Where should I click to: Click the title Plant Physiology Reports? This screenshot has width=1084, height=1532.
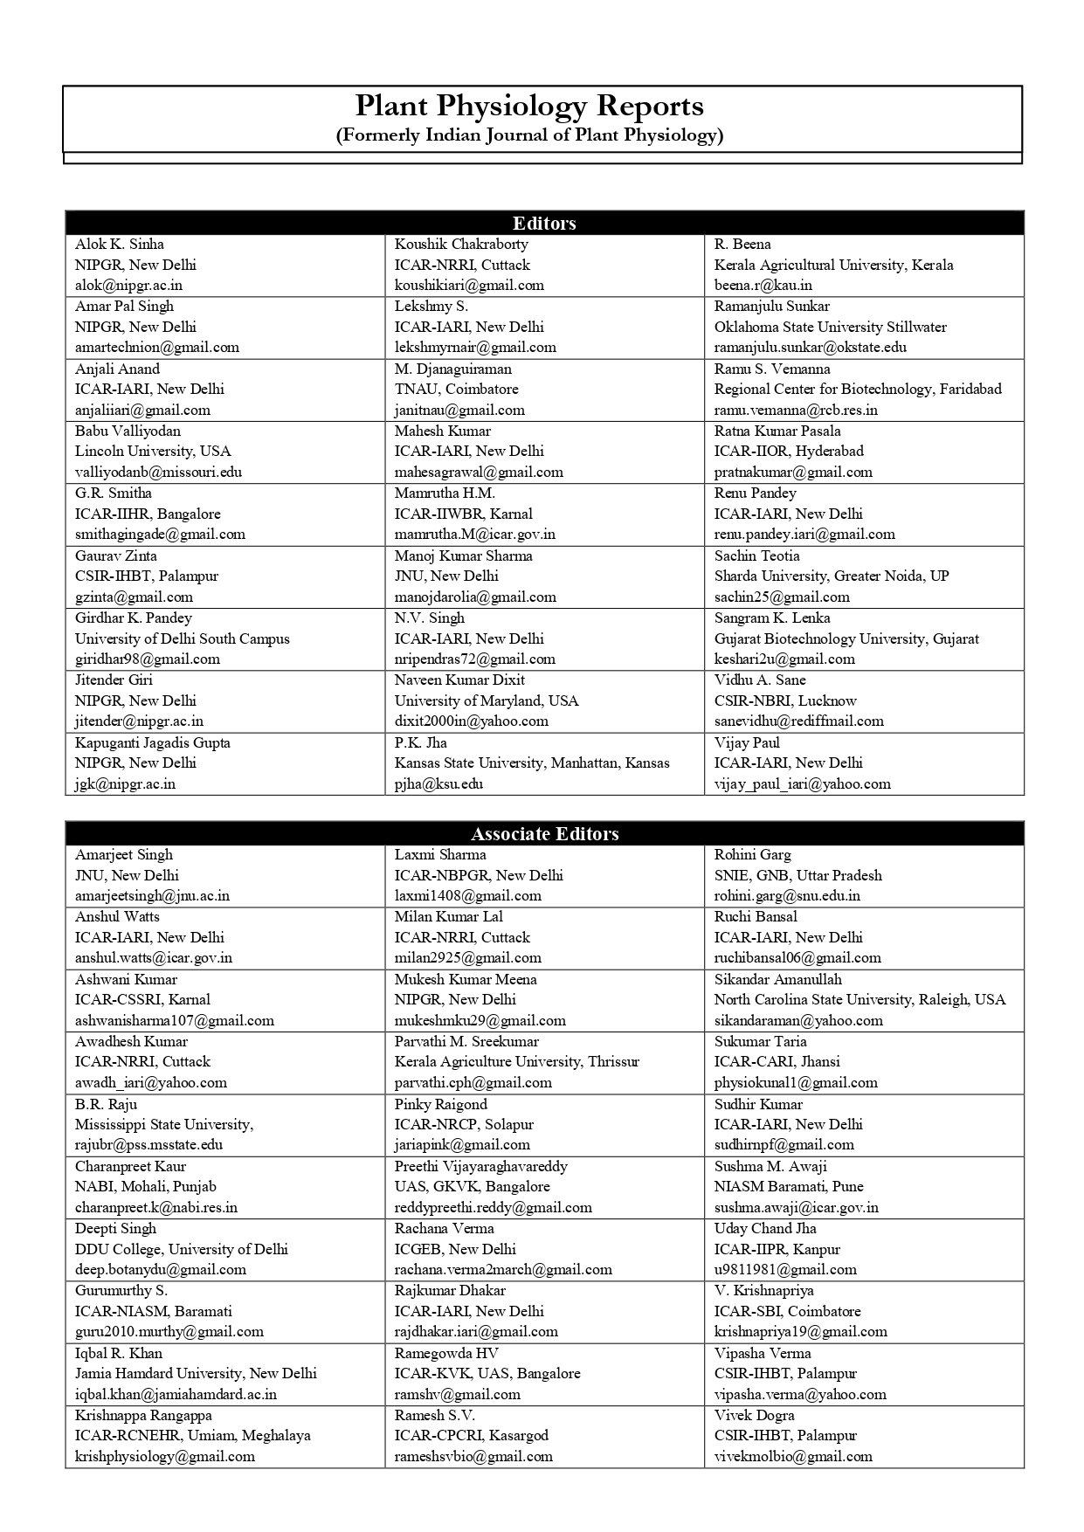(x=528, y=107)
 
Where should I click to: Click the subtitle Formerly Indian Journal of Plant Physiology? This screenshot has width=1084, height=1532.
(x=529, y=135)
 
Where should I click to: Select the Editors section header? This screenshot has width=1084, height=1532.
(x=544, y=224)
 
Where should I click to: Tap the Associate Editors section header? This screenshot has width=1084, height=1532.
(x=544, y=834)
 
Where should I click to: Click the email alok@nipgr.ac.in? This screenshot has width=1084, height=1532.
(x=128, y=286)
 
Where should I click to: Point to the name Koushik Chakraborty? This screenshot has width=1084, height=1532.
(x=461, y=245)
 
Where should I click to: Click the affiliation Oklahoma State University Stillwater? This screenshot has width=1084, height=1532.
(x=830, y=328)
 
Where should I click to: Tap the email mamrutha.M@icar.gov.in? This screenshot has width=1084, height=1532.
(x=474, y=535)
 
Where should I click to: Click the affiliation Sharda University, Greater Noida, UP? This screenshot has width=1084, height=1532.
(x=831, y=576)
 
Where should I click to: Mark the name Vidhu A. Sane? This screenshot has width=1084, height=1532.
(x=760, y=680)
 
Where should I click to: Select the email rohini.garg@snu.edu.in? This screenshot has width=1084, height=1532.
(x=787, y=896)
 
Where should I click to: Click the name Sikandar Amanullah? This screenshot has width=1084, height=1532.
(x=777, y=980)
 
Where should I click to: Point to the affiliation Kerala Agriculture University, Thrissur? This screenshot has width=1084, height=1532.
(x=516, y=1062)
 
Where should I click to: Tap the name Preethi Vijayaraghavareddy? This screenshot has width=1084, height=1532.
(x=480, y=1167)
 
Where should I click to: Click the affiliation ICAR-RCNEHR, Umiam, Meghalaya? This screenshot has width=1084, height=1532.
(x=192, y=1436)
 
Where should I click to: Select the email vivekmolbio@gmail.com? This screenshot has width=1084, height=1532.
(x=793, y=1457)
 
